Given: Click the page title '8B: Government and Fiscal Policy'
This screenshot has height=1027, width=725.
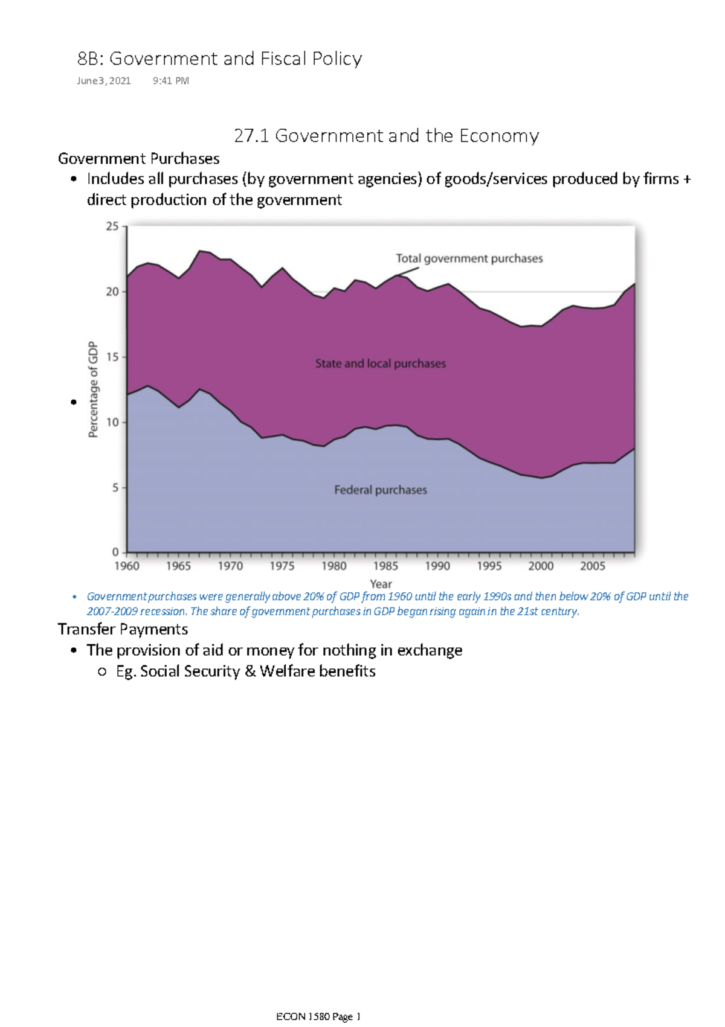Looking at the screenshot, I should click(x=219, y=59).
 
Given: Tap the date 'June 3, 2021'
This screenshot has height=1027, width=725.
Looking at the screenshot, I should click(x=103, y=81).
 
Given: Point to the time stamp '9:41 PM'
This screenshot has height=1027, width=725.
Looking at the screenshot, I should click(x=171, y=81).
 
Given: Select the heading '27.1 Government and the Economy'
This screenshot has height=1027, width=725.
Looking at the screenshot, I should click(x=386, y=136).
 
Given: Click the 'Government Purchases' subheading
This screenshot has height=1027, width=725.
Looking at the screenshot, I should click(x=138, y=159).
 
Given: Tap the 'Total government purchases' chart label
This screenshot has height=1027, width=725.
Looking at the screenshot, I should click(x=469, y=258).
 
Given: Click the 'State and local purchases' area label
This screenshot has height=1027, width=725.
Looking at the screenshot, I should click(x=381, y=363).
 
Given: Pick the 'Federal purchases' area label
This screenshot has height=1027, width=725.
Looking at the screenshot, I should click(x=381, y=490).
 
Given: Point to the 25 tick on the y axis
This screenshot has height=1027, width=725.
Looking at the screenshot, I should click(x=112, y=226).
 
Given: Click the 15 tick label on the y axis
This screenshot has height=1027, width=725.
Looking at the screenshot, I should click(x=112, y=357).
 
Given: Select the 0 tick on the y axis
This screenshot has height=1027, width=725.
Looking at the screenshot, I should click(x=115, y=552).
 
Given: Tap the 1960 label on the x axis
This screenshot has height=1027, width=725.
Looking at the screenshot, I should click(x=127, y=566).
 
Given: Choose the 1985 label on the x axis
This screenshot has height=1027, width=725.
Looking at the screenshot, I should click(x=385, y=566).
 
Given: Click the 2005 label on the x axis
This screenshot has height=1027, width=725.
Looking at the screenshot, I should click(x=592, y=566).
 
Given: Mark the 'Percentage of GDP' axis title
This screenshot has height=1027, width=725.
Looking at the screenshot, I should click(x=93, y=389).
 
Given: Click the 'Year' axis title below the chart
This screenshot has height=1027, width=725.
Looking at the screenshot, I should click(x=381, y=584).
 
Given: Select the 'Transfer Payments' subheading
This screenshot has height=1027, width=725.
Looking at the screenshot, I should click(x=123, y=629).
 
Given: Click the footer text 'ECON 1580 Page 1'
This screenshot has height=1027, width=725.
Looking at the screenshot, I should click(x=318, y=1017).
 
